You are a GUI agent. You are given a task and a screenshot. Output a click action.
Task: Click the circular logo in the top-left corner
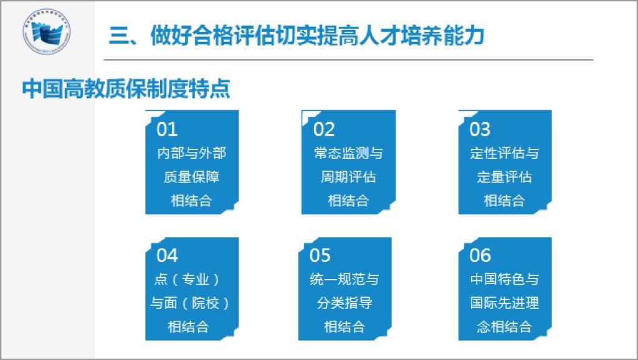coord(46,31)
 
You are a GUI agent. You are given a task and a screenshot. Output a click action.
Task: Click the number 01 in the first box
coord(167,130)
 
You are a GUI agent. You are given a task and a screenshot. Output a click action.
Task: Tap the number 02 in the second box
coord(324,130)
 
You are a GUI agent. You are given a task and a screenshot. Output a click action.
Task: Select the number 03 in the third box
coord(480,130)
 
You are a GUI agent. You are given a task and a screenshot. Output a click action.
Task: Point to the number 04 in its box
coord(167,255)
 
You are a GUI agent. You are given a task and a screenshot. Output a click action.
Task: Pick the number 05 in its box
coord(320,255)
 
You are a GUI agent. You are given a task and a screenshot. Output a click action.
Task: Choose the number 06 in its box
coord(480,255)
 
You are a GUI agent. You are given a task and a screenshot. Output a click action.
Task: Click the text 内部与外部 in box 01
coord(192,153)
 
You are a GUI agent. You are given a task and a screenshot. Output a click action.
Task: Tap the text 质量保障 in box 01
coord(192,177)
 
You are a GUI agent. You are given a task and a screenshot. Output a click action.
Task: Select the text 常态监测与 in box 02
coord(348,153)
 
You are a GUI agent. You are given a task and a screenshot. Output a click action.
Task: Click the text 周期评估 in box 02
coord(348,177)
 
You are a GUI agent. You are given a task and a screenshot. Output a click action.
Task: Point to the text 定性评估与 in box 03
coord(505,153)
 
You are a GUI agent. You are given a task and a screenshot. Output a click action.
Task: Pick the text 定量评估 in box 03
coord(505,177)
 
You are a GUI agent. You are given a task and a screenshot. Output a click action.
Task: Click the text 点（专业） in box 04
coord(188,280)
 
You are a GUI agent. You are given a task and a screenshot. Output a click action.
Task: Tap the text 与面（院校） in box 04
coord(189,303)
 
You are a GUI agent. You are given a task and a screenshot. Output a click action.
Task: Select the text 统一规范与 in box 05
coord(344,280)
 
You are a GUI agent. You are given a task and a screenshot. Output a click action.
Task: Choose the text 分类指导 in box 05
coord(344,303)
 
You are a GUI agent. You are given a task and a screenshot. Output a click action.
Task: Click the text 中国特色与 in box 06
coord(505,280)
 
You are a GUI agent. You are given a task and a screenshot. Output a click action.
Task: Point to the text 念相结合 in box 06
coord(505,326)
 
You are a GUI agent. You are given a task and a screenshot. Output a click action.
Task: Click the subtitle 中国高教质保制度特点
coord(126,88)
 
